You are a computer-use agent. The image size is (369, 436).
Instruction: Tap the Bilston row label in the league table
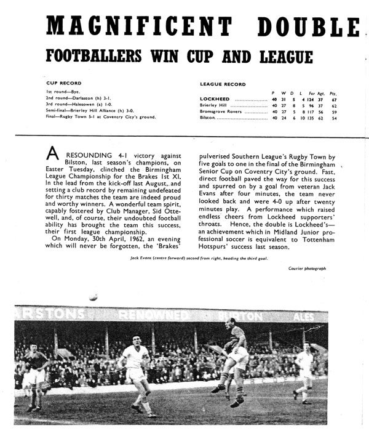click(208, 116)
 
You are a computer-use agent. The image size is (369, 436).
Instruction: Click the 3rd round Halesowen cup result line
click(86, 104)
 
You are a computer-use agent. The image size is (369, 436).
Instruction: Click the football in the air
click(92, 297)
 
